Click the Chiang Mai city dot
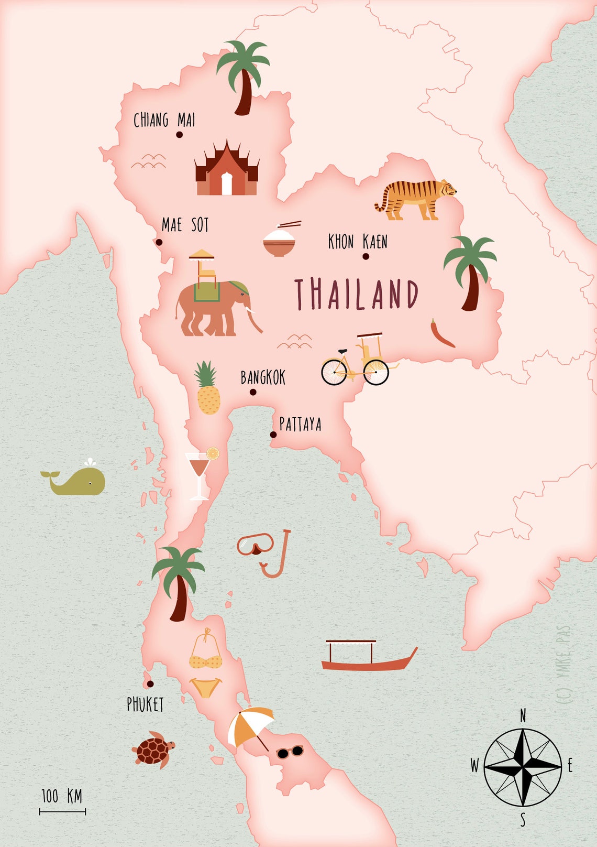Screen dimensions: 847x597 [179, 135]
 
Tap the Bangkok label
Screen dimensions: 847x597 [263, 377]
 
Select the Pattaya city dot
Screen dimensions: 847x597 [273, 435]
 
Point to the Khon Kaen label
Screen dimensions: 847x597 [358, 242]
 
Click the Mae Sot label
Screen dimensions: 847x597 [185, 225]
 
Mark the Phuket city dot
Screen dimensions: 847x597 [150, 684]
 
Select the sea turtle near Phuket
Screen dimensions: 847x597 [153, 750]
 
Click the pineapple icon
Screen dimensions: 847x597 [208, 390]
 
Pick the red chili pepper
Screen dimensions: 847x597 [441, 334]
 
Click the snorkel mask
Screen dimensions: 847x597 [255, 545]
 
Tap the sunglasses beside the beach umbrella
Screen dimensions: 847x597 [290, 752]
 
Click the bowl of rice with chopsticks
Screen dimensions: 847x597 [280, 241]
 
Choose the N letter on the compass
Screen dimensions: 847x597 [523, 715]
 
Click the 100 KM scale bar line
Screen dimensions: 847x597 [62, 812]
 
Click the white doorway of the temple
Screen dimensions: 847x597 [227, 183]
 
